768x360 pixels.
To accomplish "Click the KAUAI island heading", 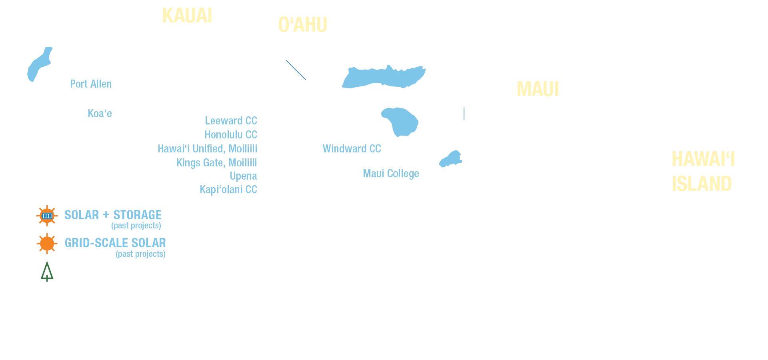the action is pos(187,16).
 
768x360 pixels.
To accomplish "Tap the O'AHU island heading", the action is pos(303,25).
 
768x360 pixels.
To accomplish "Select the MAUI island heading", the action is pos(538,89).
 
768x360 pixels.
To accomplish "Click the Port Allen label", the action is pos(91,84).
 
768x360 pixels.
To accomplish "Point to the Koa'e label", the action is pos(100,114).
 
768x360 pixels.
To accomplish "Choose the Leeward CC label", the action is pos(231,121).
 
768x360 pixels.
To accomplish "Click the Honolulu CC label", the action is pos(231,135).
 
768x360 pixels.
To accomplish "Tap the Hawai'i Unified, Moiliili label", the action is pos(207,149).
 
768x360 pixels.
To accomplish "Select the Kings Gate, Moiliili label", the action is pos(217,163).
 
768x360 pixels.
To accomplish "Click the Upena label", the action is pos(243,176).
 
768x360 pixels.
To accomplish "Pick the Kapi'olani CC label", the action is pos(228,190).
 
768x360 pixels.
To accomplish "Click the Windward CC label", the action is pos(352,149).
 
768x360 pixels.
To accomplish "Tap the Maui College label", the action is pos(391,174).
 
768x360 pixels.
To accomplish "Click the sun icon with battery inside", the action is pos(47,216).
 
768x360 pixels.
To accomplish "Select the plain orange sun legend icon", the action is pos(47,244).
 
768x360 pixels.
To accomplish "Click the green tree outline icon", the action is pos(47,272).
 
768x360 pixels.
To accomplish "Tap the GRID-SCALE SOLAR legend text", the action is pos(115,243).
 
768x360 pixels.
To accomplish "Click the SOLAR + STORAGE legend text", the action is pos(113,215).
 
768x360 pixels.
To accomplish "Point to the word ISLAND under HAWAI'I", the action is pos(702,184).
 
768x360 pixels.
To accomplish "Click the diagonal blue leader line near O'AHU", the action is pos(296,70).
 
